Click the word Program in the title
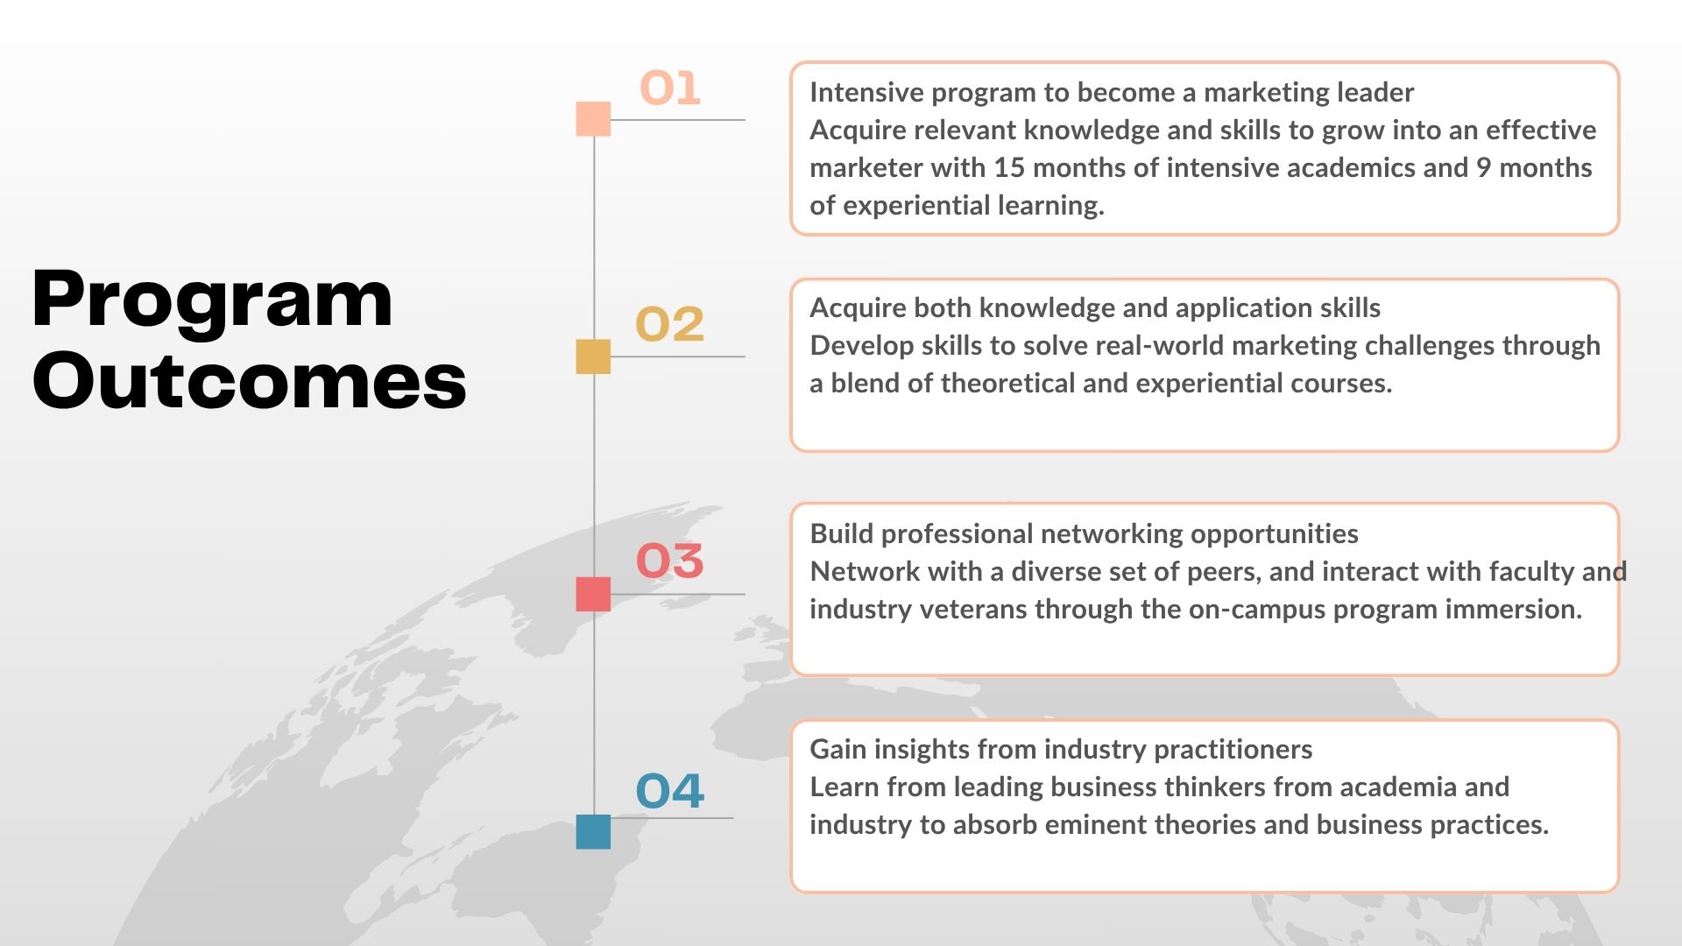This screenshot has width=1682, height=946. click(212, 300)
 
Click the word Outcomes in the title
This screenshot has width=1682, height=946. click(250, 380)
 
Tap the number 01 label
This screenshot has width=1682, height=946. click(670, 88)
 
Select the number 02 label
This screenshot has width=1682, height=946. click(669, 324)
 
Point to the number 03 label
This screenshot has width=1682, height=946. click(669, 561)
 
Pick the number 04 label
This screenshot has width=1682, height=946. click(669, 791)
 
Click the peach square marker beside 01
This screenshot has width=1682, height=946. click(593, 119)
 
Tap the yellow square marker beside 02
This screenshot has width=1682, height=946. click(593, 357)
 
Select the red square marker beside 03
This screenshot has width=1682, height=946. click(593, 594)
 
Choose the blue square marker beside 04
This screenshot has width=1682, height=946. click(593, 831)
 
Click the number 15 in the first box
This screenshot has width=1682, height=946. click(1008, 167)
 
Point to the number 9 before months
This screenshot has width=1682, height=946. click(1483, 167)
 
